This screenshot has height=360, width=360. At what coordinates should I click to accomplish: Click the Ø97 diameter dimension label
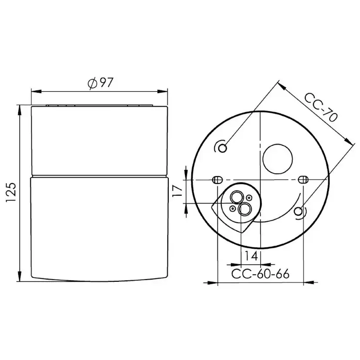coord(100,83)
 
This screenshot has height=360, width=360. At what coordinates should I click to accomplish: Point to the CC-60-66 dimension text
coord(260,274)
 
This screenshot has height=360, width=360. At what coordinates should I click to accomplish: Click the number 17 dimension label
coord(177,191)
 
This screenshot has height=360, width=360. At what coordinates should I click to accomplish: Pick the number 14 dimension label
coord(250,256)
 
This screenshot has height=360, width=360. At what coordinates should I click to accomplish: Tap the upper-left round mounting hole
coord(223,148)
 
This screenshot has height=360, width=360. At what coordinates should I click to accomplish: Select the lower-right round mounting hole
coord(298,211)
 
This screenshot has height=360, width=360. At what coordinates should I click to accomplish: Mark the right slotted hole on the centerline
coord(303,180)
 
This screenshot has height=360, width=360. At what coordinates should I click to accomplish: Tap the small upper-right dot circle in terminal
coord(248,199)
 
